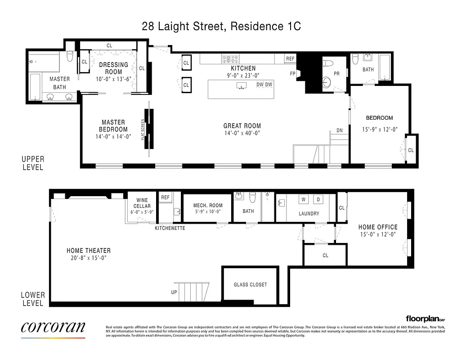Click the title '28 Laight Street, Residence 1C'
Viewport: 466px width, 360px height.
[x=221, y=27]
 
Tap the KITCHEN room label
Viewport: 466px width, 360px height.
[x=243, y=68]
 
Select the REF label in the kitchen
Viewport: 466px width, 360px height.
[x=290, y=59]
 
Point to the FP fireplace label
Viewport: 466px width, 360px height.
[x=292, y=73]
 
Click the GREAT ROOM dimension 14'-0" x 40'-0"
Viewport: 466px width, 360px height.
[x=242, y=133]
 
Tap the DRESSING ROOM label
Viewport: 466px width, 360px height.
[x=113, y=68]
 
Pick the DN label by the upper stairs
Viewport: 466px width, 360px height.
[x=340, y=130]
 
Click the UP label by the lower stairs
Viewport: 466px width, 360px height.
[x=174, y=292]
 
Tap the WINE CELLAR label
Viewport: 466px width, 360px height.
[x=142, y=203]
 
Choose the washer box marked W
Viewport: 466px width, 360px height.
[x=304, y=199]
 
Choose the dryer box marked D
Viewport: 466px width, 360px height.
[x=318, y=199]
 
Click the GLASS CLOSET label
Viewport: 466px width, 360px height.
[x=250, y=285]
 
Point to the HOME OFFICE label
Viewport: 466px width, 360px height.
[x=378, y=227]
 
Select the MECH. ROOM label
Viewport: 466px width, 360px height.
[x=208, y=206]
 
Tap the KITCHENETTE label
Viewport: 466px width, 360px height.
[x=170, y=228]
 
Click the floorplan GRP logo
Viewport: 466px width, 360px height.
[x=425, y=318]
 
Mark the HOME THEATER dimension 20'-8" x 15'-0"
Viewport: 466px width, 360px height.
[x=88, y=258]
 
